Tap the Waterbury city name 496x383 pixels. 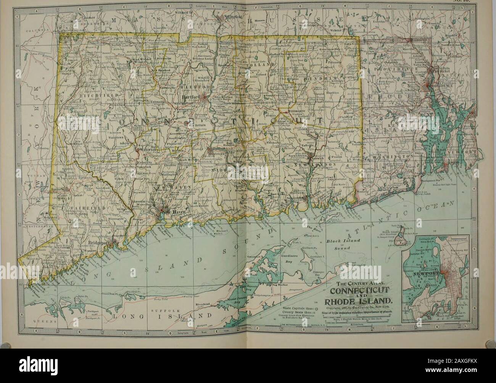tap(146, 150)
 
